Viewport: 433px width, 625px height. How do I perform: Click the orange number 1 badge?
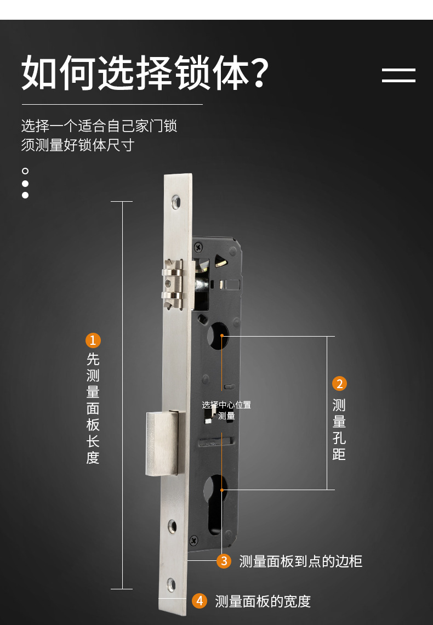tap(93, 340)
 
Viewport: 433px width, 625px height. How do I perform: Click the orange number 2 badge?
tap(339, 384)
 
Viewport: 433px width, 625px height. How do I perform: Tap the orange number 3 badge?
tap(224, 561)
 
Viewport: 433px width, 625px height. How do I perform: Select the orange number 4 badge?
tap(200, 601)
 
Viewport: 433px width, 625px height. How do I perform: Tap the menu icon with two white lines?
tap(398, 76)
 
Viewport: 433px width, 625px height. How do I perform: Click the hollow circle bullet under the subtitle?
tap(25, 171)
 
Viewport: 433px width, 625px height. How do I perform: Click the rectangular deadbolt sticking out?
tap(162, 443)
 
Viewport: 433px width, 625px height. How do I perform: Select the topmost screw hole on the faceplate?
tap(175, 202)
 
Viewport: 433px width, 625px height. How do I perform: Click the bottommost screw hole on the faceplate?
tap(172, 584)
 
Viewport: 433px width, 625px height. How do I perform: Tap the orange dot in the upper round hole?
tap(222, 335)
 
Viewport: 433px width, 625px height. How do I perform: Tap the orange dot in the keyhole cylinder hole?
tap(222, 490)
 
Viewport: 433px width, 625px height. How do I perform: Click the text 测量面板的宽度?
tap(263, 601)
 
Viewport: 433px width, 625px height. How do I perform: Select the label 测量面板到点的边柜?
tap(300, 561)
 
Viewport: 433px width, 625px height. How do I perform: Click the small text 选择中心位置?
tap(226, 405)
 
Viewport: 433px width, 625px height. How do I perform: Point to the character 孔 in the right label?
tap(339, 438)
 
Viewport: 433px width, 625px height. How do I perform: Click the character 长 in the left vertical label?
tap(93, 441)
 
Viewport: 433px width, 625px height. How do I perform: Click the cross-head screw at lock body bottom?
tap(193, 540)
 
